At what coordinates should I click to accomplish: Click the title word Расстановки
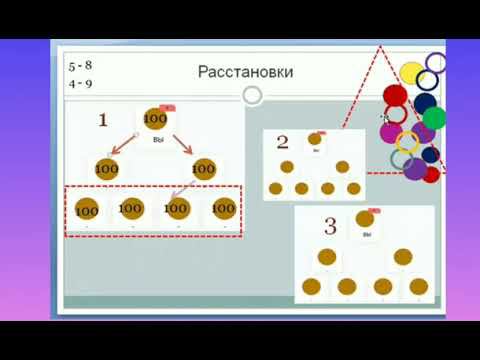231,72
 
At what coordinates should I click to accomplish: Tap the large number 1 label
102,120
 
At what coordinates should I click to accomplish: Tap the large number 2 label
282,143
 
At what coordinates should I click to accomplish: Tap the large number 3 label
330,228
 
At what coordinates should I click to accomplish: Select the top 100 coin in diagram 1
155,119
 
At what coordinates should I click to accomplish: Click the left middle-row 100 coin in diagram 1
107,169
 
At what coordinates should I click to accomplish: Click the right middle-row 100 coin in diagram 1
203,169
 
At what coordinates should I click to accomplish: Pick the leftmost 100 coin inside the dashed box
87,211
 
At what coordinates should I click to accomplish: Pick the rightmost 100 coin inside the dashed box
223,208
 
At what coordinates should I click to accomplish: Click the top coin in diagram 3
365,219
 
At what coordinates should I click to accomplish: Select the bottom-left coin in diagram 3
311,286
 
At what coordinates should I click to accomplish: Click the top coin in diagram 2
315,139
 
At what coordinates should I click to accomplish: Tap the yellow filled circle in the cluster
411,72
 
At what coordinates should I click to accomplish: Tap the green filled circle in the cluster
433,117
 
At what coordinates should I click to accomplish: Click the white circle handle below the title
253,95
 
